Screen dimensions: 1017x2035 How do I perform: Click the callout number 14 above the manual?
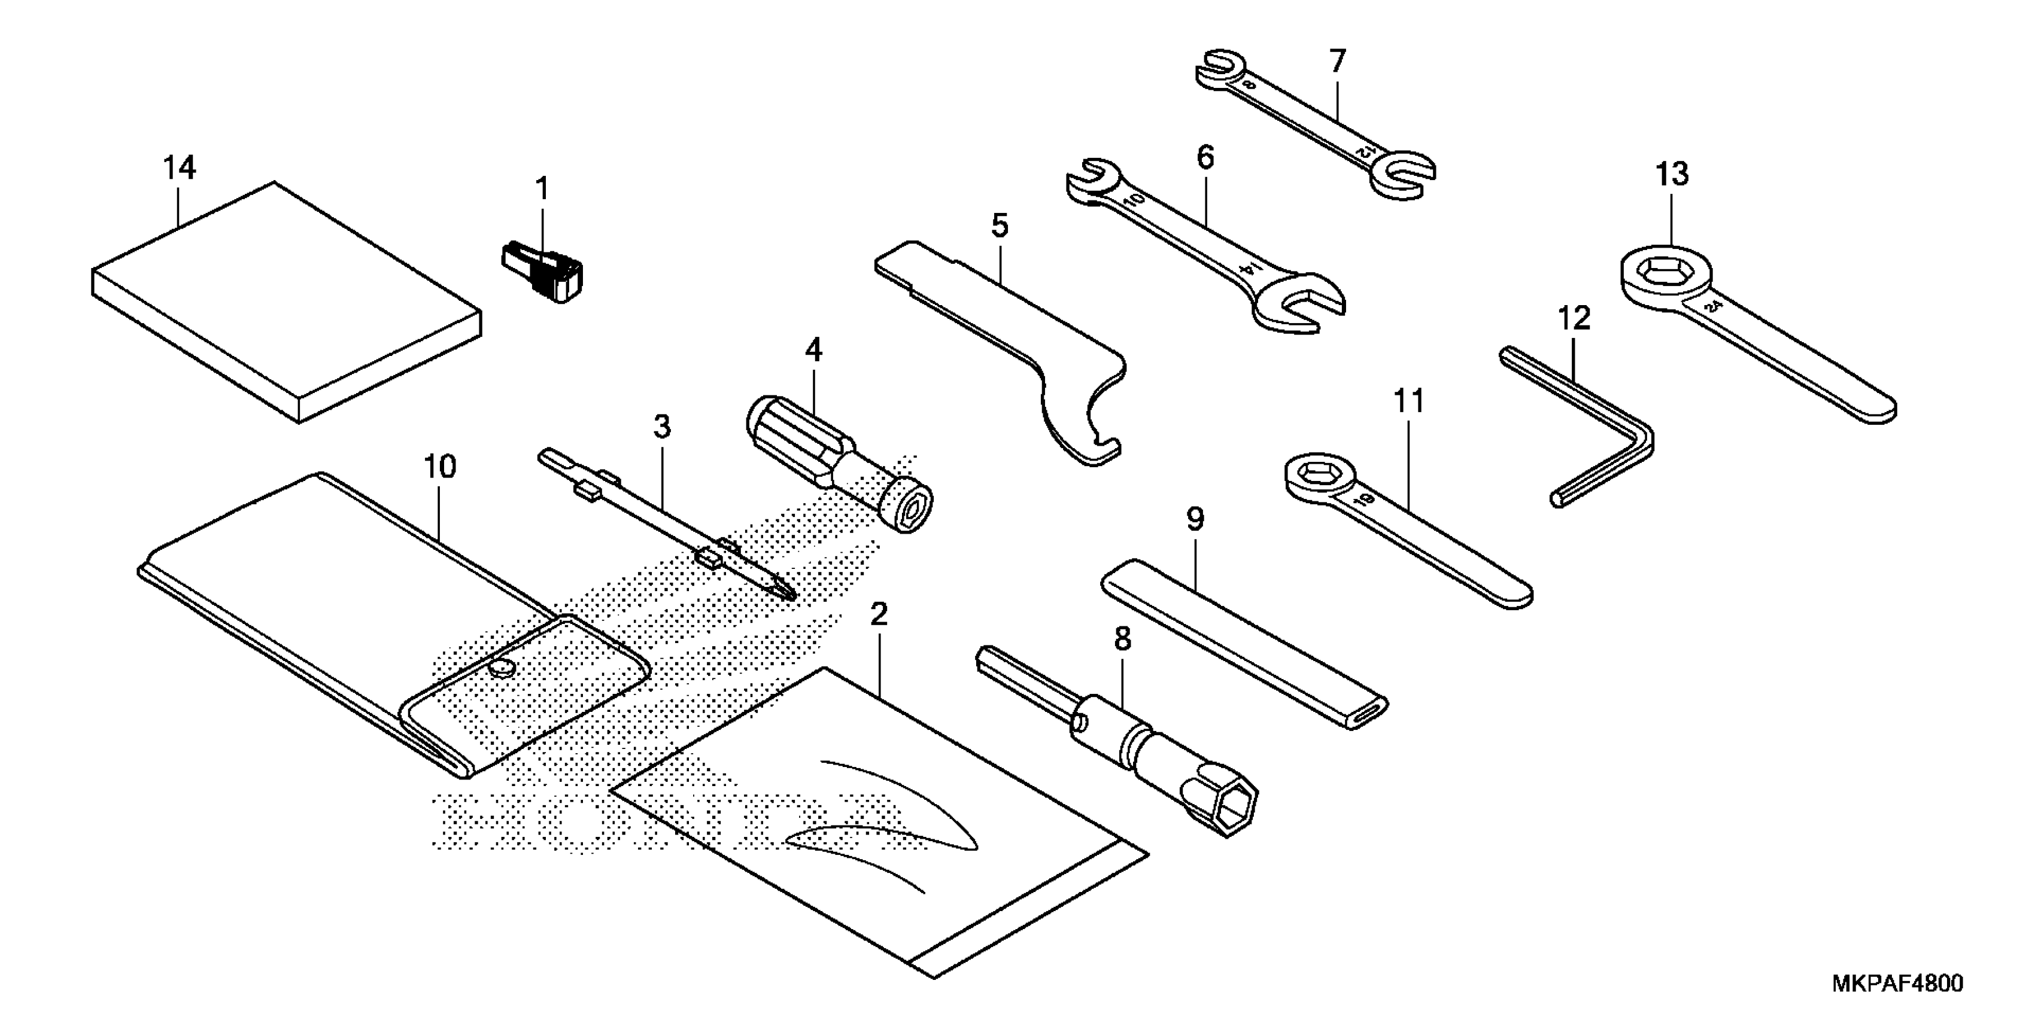tap(180, 168)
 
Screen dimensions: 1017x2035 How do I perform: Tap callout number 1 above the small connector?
tap(542, 190)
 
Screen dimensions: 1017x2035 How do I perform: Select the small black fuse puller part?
tap(545, 272)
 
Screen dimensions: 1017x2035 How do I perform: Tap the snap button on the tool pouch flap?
tap(501, 669)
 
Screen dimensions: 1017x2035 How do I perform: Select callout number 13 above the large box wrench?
tap(1672, 175)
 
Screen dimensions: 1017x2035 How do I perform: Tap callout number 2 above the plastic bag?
tap(879, 614)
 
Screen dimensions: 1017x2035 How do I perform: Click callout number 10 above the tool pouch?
tap(440, 467)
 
